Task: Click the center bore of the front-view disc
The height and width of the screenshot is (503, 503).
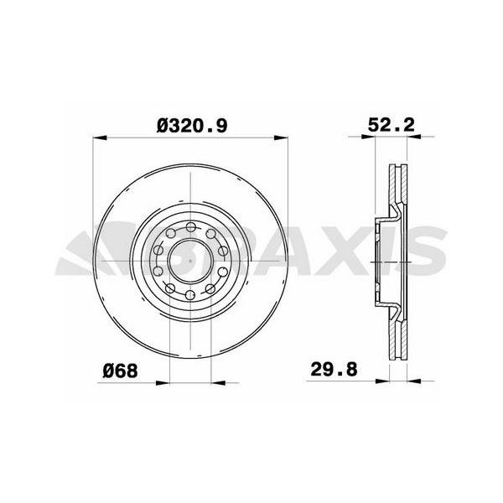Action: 186,261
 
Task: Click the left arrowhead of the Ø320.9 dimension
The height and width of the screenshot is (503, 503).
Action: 96,137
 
